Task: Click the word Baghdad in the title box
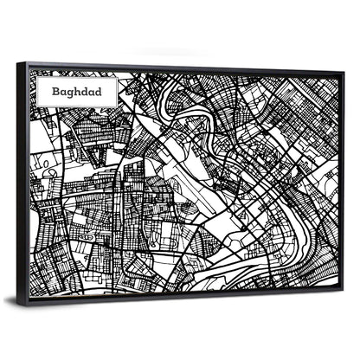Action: click(x=74, y=88)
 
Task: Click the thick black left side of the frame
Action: click(x=27, y=182)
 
